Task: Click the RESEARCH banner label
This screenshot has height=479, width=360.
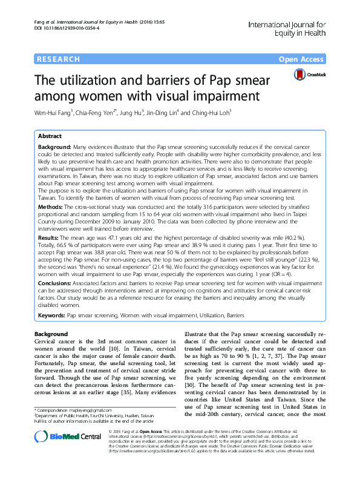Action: (x=59, y=59)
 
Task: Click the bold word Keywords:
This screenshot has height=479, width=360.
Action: (x=51, y=315)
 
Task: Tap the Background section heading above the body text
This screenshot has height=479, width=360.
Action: (x=51, y=334)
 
